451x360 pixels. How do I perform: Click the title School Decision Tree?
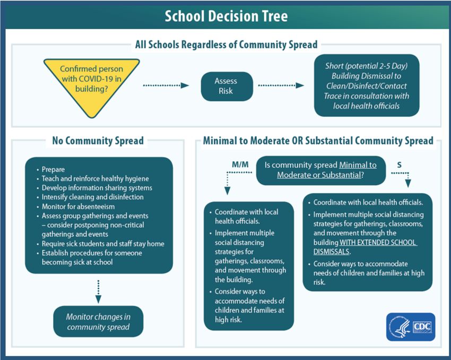coord(226,16)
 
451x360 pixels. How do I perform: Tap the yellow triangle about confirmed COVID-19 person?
coord(91,83)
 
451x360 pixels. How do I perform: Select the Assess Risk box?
coord(227,86)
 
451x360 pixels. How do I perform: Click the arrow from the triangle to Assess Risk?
coord(166,85)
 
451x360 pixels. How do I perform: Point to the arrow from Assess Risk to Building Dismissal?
coord(281,85)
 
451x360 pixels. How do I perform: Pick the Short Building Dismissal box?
coord(367,85)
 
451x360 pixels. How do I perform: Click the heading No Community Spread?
coord(98,141)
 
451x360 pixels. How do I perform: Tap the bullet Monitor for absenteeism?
coord(78,207)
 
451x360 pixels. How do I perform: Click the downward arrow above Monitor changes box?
coord(98,292)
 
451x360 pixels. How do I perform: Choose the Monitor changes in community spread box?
coord(98,321)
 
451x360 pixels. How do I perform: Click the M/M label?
coord(240,165)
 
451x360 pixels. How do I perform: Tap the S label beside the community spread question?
coord(399,165)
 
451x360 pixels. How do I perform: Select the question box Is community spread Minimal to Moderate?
coord(320,170)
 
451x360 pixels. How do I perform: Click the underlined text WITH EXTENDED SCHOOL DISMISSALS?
coord(365,247)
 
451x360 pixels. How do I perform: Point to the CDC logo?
coord(411,327)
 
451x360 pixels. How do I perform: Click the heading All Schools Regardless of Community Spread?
coord(227,45)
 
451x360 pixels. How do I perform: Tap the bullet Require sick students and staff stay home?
coord(103,244)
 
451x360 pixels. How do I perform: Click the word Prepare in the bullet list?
coord(53,169)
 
